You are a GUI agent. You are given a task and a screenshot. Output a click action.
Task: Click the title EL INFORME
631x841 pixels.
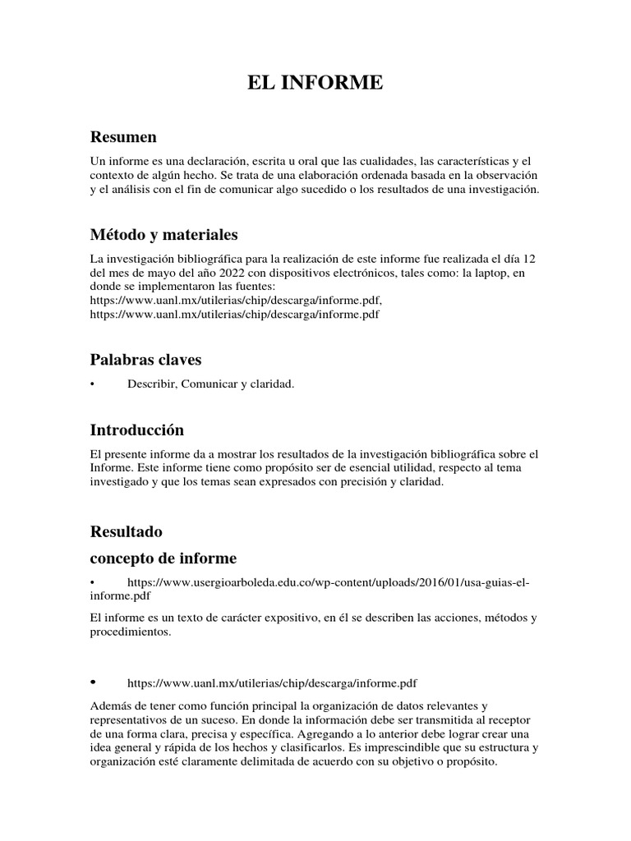tap(315, 83)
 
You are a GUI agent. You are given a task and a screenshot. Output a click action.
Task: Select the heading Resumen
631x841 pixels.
tap(123, 136)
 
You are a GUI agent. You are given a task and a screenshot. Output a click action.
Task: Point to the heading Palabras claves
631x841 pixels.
tap(145, 360)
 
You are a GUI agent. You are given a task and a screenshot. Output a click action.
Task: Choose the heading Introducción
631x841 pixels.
tap(136, 430)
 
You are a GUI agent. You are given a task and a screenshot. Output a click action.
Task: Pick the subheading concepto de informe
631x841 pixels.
tap(163, 558)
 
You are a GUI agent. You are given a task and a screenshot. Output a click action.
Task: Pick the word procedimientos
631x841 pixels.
tap(131, 632)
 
